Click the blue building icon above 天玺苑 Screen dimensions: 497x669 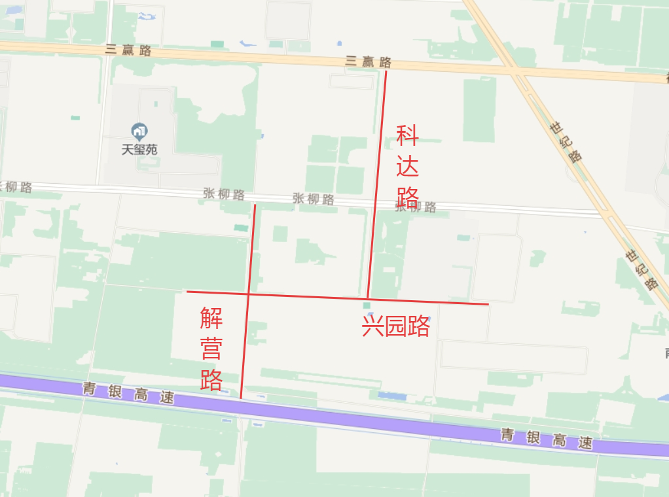point(139,130)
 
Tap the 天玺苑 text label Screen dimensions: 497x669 point(139,149)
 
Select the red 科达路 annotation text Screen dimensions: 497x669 point(407,167)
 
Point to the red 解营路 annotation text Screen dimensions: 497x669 point(211,349)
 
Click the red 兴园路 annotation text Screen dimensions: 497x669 point(395,325)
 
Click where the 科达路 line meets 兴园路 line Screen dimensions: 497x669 point(368,298)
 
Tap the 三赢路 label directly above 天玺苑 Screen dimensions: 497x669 point(128,50)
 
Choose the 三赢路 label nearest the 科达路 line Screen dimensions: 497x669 point(368,61)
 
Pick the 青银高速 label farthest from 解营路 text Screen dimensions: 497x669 point(547,439)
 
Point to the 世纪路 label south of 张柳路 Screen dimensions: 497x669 point(641,269)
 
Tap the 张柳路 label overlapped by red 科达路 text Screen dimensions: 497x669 point(415,207)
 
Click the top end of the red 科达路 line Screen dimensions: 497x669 point(386,71)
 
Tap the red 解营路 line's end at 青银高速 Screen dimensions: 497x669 point(241,398)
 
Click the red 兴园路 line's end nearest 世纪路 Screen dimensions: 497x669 point(488,304)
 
